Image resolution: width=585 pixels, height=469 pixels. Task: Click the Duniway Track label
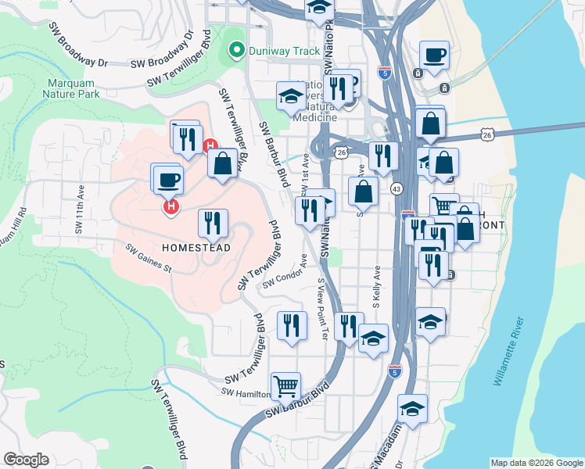point(285,52)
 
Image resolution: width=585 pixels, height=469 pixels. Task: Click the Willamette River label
point(508,352)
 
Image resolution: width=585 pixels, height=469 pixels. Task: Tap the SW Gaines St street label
point(148,257)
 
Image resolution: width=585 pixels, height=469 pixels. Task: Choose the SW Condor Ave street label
point(283,278)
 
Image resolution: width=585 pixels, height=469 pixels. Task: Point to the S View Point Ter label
point(322,310)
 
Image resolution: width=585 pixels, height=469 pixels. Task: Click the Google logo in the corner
point(26,460)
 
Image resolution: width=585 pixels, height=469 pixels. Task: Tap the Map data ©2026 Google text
point(537,463)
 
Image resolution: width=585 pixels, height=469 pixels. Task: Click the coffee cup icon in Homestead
point(168,180)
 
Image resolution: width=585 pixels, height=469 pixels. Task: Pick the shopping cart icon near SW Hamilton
point(285,385)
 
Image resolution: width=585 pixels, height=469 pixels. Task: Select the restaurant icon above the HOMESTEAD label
point(213,224)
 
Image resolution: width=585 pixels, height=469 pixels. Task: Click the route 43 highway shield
point(397,189)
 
